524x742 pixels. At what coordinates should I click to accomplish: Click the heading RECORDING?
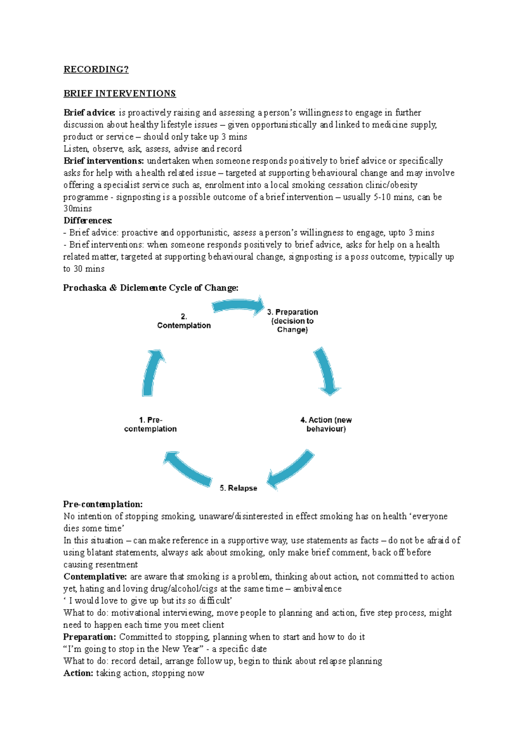[96, 69]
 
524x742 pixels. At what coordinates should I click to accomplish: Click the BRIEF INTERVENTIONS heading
[120, 94]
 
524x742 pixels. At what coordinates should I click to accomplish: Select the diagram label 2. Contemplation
[184, 321]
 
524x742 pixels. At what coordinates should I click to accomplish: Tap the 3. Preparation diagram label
[292, 321]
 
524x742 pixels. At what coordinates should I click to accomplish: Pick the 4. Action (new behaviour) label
[326, 424]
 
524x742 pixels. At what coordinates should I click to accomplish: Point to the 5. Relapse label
[238, 488]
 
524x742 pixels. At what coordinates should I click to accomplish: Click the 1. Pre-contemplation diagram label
[150, 424]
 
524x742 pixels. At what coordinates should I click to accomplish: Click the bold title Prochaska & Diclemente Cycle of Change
[151, 288]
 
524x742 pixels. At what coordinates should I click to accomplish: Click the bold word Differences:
[88, 221]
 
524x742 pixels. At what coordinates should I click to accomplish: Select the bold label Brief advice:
[89, 113]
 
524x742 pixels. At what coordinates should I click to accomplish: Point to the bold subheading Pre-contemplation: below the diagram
[103, 504]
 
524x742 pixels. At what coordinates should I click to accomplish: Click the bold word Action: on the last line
[78, 673]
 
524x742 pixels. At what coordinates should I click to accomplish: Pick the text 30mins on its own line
[78, 209]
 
